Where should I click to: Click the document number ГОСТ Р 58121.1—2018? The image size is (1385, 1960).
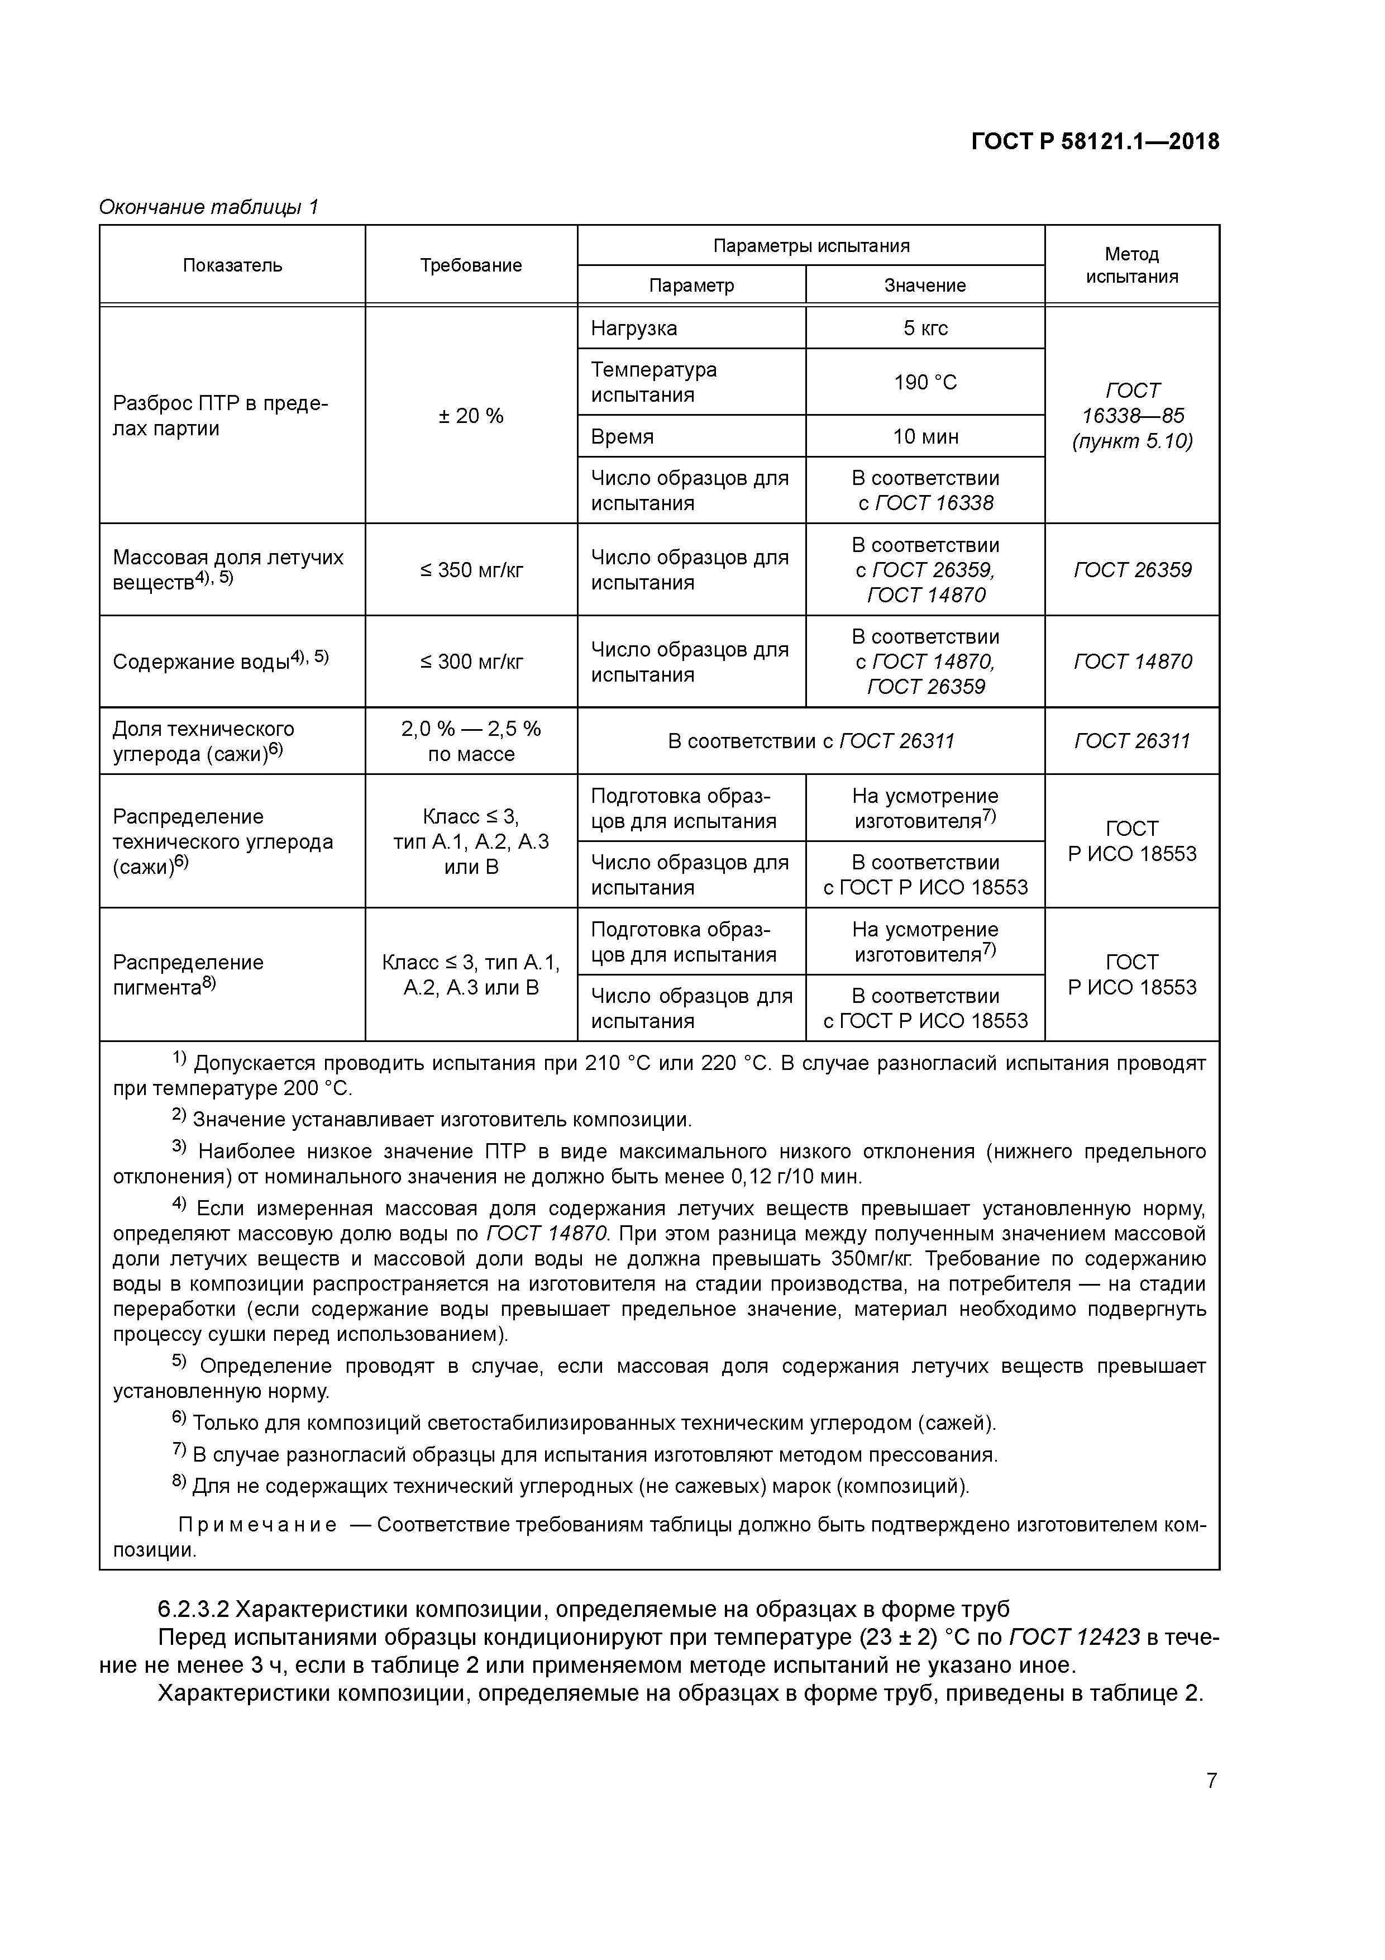(x=1095, y=142)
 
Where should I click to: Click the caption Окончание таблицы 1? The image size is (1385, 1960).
(x=209, y=207)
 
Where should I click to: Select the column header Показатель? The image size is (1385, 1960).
(x=232, y=265)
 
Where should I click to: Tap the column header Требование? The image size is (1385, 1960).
(x=470, y=265)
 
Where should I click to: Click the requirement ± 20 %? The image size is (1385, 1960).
(x=470, y=416)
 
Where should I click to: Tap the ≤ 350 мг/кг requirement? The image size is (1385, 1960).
(x=470, y=569)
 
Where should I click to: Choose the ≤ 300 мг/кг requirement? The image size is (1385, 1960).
(x=470, y=662)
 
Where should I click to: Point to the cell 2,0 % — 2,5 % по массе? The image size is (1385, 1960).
(x=470, y=741)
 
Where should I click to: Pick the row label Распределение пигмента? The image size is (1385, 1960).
(x=188, y=974)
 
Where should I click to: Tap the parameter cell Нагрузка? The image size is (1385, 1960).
(x=633, y=328)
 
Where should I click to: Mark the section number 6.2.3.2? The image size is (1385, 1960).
(x=193, y=1609)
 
